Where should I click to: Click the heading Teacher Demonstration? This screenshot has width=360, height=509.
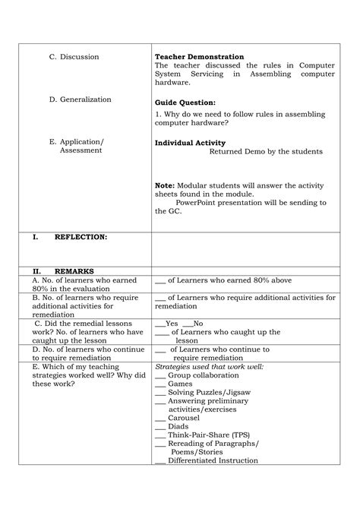point(199,57)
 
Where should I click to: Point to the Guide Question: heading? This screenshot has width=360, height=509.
point(185,102)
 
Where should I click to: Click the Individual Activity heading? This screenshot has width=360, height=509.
point(190,143)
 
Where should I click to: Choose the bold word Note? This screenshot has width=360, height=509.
point(164,185)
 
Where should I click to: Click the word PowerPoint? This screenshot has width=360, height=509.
point(199,202)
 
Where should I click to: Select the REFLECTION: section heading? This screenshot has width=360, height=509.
point(81,237)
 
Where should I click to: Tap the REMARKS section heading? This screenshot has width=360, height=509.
point(74,270)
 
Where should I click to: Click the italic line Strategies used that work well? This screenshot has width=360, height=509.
point(209,366)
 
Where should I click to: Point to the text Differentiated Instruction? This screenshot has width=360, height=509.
point(213,460)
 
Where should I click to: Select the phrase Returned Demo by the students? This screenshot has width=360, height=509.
point(266,151)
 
